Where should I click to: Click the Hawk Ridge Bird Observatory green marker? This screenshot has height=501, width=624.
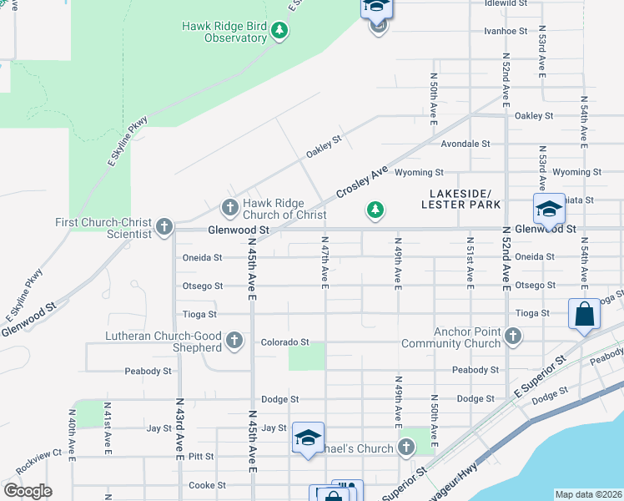click(x=279, y=32)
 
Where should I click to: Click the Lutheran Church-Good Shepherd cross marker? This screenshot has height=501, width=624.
click(x=234, y=341)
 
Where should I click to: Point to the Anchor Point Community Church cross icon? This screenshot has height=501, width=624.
click(x=512, y=336)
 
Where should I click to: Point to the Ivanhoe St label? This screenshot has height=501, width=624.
click(x=506, y=31)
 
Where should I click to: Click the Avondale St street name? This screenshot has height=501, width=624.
click(x=465, y=144)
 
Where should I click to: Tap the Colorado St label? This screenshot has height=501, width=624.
click(x=284, y=342)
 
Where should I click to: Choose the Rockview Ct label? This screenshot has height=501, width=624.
click(x=38, y=453)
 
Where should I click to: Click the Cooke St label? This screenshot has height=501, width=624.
click(x=208, y=485)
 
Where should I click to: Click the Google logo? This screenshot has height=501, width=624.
click(x=28, y=491)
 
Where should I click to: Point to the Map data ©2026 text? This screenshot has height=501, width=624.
click(x=587, y=494)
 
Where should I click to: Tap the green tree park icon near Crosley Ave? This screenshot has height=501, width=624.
click(x=375, y=210)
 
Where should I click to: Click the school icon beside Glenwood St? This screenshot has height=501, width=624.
click(x=549, y=209)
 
